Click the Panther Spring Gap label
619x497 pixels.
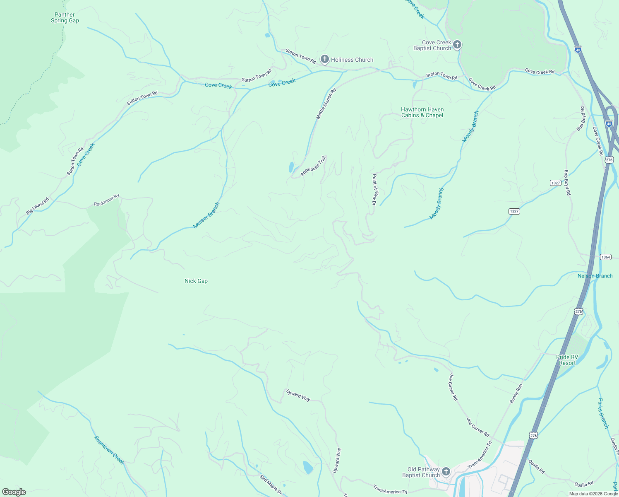click(65, 17)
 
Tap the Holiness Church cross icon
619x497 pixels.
click(325, 59)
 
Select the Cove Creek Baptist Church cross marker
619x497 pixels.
click(457, 45)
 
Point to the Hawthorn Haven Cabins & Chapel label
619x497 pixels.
click(422, 113)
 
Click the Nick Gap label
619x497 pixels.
click(196, 281)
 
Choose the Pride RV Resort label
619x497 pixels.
click(567, 360)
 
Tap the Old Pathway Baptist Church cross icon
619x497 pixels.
click(446, 472)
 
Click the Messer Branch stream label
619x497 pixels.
click(206, 215)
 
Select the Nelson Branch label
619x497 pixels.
click(595, 276)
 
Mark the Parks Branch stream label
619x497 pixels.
click(604, 413)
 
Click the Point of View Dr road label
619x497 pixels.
click(374, 190)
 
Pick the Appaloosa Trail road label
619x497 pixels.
click(314, 166)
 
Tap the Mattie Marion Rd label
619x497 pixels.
click(326, 104)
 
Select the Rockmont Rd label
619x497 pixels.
click(106, 200)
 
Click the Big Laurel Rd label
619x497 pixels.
click(37, 206)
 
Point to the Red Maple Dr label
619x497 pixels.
click(271, 485)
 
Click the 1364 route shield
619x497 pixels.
click(606, 257)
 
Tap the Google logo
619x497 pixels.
click(14, 492)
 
